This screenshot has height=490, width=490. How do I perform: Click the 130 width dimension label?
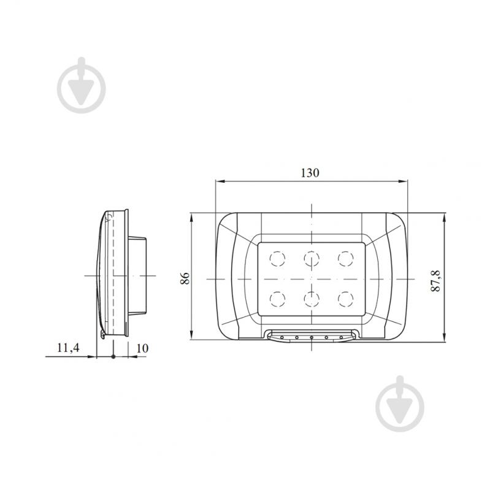click(310, 172)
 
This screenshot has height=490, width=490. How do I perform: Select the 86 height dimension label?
click(185, 278)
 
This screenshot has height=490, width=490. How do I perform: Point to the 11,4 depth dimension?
click(68, 348)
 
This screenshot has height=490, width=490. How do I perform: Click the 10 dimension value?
click(142, 348)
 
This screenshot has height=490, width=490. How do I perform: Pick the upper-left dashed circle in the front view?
click(277, 259)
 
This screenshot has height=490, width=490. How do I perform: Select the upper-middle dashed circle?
click(312, 259)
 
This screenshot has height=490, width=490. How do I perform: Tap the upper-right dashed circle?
click(346, 259)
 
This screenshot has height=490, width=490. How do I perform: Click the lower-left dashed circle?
click(277, 299)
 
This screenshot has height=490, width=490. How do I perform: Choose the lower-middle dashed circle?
click(312, 299)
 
